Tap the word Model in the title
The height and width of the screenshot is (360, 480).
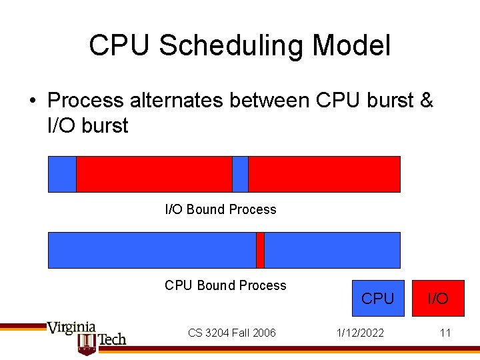[351, 46]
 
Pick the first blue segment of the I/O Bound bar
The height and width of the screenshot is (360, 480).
[62, 174]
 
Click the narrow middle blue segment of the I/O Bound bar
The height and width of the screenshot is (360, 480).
[240, 174]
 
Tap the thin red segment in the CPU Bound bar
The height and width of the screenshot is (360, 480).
[260, 250]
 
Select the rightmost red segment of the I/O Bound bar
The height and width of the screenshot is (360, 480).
[324, 174]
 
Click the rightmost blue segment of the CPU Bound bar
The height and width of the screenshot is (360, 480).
[332, 250]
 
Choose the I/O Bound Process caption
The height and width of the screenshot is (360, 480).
[221, 209]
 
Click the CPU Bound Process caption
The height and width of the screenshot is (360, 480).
[225, 285]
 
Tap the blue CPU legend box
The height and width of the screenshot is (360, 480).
[378, 298]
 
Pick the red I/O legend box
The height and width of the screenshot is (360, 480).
[438, 298]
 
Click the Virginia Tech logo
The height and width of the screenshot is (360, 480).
[87, 337]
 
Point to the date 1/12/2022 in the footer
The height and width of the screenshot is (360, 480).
[359, 333]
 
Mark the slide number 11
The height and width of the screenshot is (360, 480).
[445, 333]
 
